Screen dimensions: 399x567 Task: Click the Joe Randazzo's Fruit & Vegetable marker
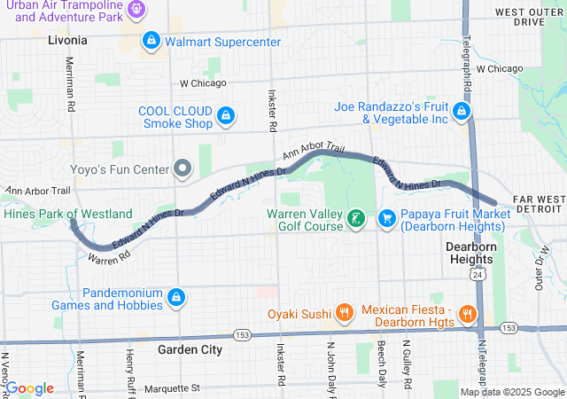[461, 112]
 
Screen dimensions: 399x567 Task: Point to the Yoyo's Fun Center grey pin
[183, 168]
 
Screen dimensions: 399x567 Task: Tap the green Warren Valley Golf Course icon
[355, 218]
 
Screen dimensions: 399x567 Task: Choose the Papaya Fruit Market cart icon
[386, 218]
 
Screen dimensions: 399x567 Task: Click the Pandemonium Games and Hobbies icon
[175, 297]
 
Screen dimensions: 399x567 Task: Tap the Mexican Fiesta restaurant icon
[467, 314]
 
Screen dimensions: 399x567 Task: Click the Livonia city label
[67, 40]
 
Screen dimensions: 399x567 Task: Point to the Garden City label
[190, 349]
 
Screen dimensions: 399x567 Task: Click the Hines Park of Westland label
[67, 214]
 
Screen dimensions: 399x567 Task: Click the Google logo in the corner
[29, 388]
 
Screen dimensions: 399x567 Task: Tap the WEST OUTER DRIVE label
[530, 17]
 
